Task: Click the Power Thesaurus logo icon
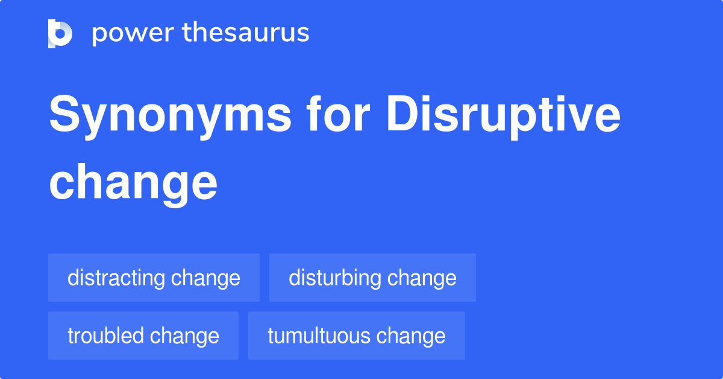[60, 33]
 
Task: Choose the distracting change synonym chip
[154, 278]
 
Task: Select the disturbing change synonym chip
[372, 278]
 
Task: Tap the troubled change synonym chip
[143, 336]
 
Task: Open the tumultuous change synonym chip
[357, 336]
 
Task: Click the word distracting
[116, 278]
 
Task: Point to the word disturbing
[335, 278]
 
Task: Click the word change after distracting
[205, 278]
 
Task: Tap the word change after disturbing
[422, 278]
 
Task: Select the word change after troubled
[184, 336]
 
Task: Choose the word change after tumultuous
[411, 336]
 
